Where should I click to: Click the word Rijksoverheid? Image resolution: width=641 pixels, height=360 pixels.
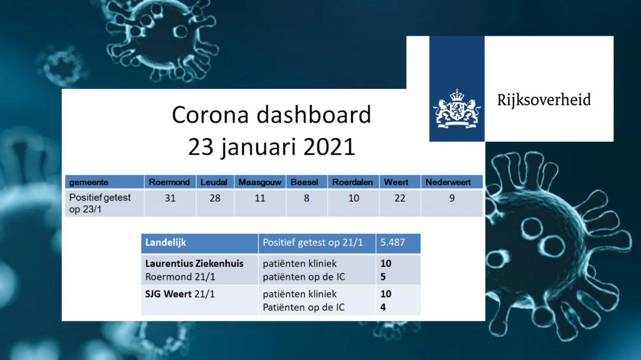pos(544,100)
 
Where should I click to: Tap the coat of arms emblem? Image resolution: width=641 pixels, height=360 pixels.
pos(456,109)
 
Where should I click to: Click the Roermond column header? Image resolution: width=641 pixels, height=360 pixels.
pos(169,182)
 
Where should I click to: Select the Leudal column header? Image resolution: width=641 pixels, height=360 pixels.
pos(214,182)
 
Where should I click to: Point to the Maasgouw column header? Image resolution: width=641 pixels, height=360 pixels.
pos(259,182)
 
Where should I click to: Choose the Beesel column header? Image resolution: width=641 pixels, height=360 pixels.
pos(304,182)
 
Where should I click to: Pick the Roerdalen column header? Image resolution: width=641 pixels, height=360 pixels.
pos(353,182)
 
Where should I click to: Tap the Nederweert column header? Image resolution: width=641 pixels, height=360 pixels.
pos(448,182)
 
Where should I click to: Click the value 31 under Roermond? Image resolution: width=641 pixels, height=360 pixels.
pos(170,198)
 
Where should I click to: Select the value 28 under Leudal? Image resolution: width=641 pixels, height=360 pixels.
pos(215,198)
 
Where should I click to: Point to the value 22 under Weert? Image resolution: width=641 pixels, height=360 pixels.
pos(400,198)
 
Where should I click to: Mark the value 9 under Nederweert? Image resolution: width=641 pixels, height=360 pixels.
pos(452,198)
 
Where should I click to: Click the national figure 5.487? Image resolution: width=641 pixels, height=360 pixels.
pos(392,243)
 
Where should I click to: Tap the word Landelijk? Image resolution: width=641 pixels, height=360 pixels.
pos(166,243)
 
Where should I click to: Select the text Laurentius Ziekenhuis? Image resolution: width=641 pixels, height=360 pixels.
pos(194,263)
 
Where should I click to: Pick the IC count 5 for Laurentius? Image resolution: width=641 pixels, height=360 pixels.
pos(383,277)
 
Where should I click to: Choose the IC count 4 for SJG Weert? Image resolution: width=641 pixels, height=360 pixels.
pos(383,307)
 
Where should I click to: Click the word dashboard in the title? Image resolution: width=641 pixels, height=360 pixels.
pos(313,114)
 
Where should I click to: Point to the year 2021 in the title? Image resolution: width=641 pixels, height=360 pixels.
pos(329,147)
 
